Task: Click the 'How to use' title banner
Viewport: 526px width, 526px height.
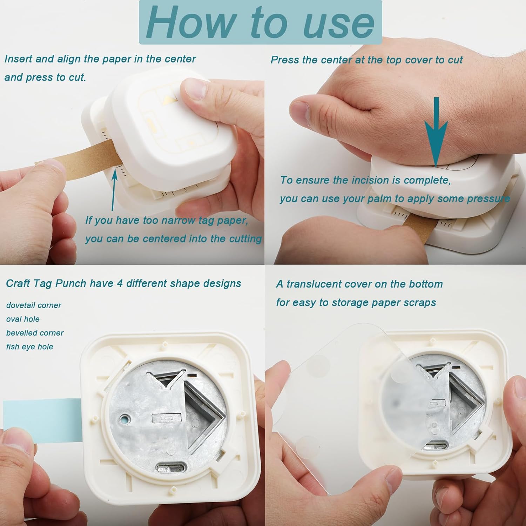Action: pyautogui.click(x=260, y=22)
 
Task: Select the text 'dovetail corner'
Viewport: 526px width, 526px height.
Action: pyautogui.click(x=34, y=305)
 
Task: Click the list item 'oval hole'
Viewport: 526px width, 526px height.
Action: pyautogui.click(x=23, y=319)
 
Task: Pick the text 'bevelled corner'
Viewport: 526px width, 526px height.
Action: pyautogui.click(x=35, y=333)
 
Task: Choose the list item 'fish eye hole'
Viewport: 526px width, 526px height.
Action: pyautogui.click(x=30, y=347)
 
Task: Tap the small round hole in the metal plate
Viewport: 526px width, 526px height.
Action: pyautogui.click(x=125, y=419)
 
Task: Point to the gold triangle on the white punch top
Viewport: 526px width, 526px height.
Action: pyautogui.click(x=171, y=99)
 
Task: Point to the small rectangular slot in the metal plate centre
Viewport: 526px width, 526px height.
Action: pyautogui.click(x=167, y=419)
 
